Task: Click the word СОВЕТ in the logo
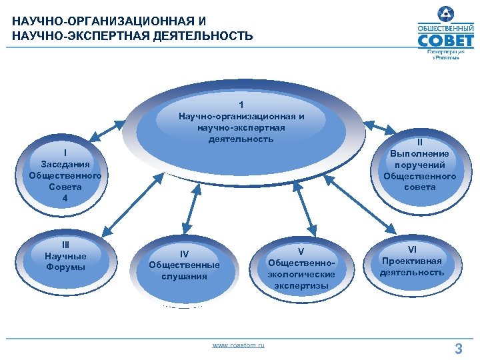(446, 41)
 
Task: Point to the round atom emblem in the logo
(445, 13)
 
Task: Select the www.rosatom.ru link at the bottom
(238, 345)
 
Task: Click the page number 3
(458, 347)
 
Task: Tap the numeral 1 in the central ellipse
(241, 105)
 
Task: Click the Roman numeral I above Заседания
(65, 151)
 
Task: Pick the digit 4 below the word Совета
(65, 198)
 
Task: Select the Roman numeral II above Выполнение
(420, 142)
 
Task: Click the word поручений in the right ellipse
(420, 165)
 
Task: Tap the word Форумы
(65, 267)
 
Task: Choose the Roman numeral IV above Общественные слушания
(184, 253)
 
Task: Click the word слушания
(184, 276)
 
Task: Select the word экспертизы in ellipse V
(301, 285)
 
